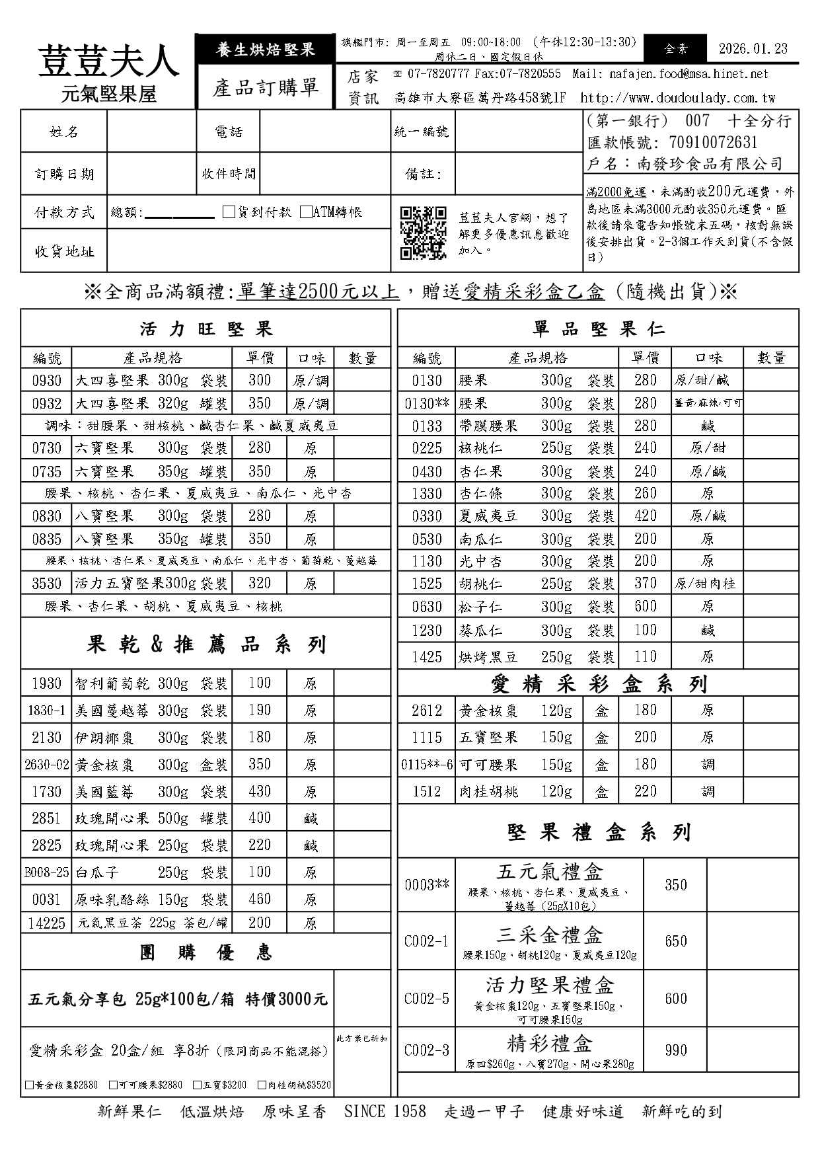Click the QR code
pos(424,233)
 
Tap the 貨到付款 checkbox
pos(229,212)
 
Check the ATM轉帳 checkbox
pos(306,212)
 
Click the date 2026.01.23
pos(753,48)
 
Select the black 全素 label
pos(676,48)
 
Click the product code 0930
pos(46,381)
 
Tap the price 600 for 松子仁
pos(645,606)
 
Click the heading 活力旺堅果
pos(206,329)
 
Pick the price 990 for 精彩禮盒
pos(675,1050)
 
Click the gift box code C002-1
pos(426,941)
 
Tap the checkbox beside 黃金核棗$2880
pos(29,1085)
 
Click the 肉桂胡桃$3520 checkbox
pos(262,1085)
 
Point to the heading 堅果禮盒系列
pos(599,832)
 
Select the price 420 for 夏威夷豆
pos(645,516)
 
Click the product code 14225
pos(46,923)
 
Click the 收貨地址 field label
pos(64,251)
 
